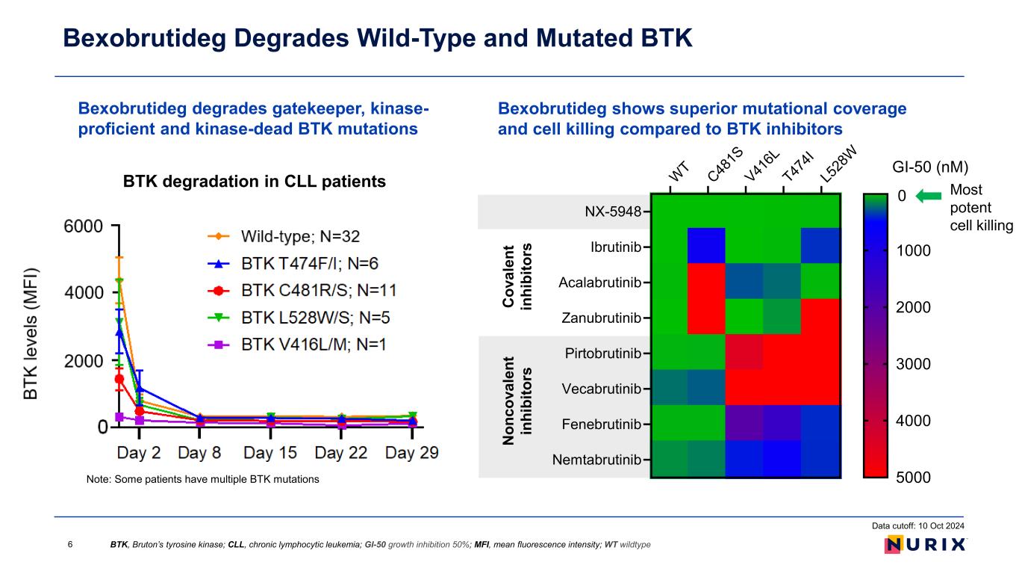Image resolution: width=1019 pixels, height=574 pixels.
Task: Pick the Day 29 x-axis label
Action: pos(411,453)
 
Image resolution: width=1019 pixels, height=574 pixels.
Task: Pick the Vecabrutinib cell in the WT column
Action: pos(670,389)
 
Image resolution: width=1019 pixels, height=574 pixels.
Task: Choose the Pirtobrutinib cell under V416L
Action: pos(745,353)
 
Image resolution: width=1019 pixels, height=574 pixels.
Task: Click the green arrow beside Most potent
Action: pos(929,196)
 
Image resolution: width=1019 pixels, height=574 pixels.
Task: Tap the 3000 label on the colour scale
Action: pos(912,364)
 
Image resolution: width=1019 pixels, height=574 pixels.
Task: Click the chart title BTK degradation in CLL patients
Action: pos(255,181)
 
